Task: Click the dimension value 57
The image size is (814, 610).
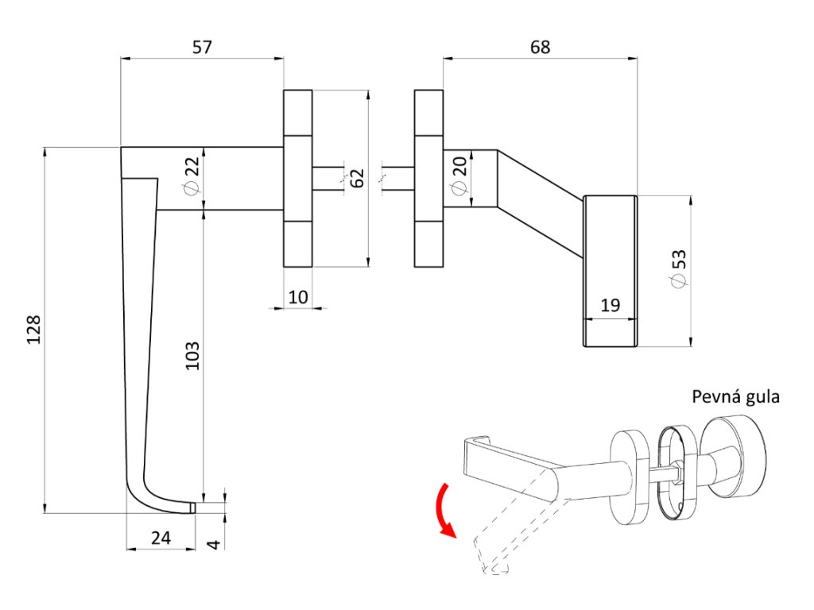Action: [203, 48]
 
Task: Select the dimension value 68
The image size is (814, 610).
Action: [541, 48]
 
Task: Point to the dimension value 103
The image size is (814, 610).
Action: [192, 357]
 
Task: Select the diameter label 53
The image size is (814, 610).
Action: [677, 270]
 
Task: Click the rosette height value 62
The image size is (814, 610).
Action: [358, 178]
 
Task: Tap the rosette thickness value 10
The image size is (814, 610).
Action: [298, 297]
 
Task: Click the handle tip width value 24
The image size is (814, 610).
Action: [161, 538]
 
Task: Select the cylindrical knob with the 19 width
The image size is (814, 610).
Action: [610, 270]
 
